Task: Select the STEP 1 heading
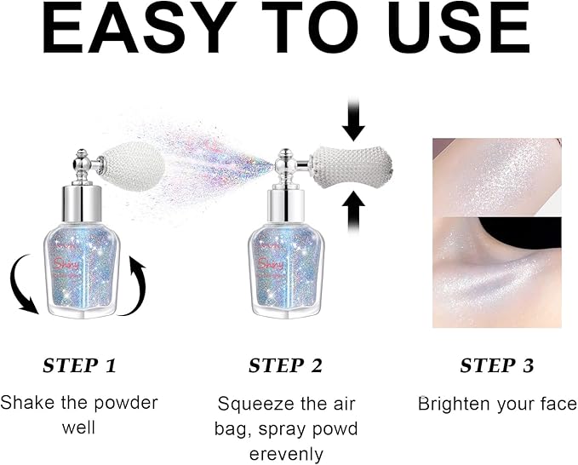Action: [x=79, y=366]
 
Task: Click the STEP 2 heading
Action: [x=285, y=366]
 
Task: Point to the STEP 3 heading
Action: [x=497, y=366]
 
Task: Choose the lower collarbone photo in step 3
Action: [x=496, y=272]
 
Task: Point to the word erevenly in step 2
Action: [x=286, y=454]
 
